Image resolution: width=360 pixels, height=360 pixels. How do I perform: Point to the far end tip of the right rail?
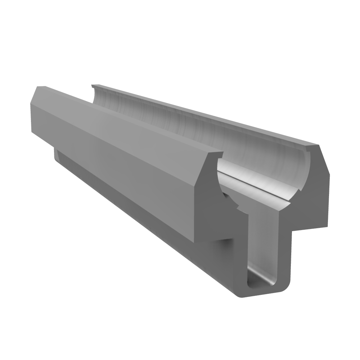coord(93,86)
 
